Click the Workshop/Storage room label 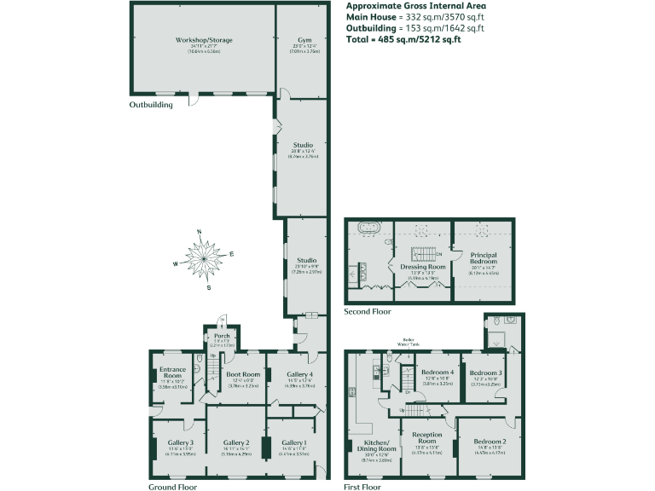click(204, 40)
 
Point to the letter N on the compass click(200, 232)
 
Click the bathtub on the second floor click(369, 228)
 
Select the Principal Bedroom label click(484, 258)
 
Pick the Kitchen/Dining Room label click(376, 448)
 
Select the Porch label click(222, 336)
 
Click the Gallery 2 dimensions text click(236, 453)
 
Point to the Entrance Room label click(174, 373)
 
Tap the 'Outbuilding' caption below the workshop click(151, 105)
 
